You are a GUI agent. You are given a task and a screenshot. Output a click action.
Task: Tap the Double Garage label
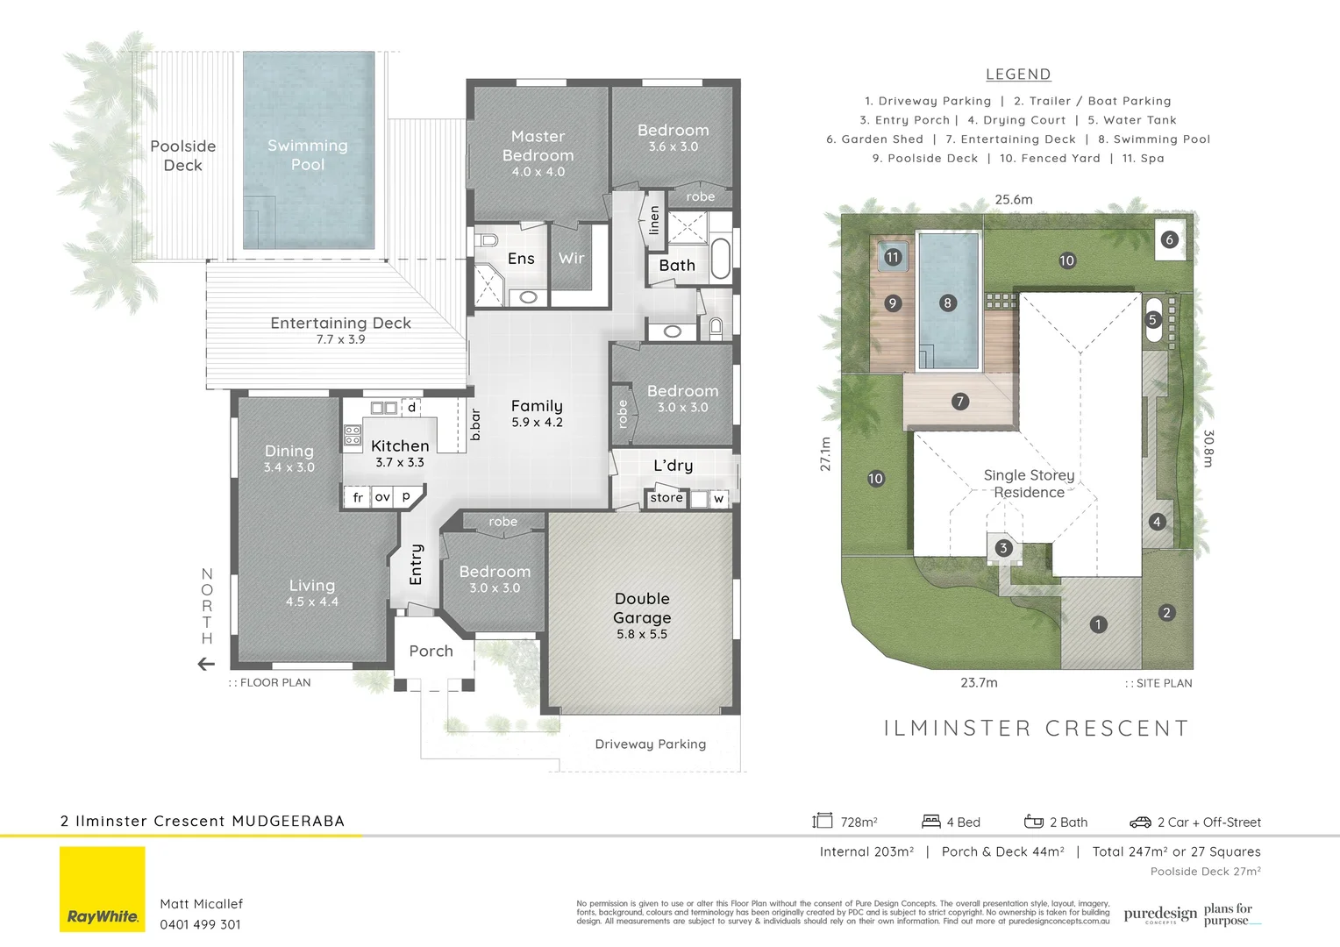tap(642, 609)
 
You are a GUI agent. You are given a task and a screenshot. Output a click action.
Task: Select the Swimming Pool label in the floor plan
tap(308, 154)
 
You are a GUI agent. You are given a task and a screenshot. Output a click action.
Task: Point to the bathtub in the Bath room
tap(720, 258)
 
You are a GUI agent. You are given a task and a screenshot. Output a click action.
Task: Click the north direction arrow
tap(206, 664)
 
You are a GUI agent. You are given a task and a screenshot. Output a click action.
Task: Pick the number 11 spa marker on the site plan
tap(892, 257)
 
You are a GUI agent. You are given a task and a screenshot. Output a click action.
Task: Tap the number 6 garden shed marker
tap(1168, 239)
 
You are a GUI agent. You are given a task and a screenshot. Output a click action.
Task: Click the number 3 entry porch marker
tap(1003, 548)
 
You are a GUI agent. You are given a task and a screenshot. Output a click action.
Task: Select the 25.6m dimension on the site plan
tap(1014, 200)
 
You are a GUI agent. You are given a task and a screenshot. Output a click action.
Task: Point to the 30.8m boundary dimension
tap(1208, 448)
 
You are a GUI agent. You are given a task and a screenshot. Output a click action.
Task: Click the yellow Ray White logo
tap(103, 889)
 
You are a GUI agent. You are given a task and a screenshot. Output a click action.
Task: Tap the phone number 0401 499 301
tap(200, 924)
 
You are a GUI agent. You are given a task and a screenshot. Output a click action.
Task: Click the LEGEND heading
tap(1018, 75)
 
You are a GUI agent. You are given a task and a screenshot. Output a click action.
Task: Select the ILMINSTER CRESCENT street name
tap(1036, 728)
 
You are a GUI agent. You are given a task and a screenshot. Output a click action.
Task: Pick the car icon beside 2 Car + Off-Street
tap(1140, 822)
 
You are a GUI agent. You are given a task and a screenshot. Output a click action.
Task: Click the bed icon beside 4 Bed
tap(931, 822)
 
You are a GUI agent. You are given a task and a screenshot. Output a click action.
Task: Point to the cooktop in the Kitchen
tap(353, 435)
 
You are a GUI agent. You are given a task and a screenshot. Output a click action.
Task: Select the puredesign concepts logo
tap(1160, 915)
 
